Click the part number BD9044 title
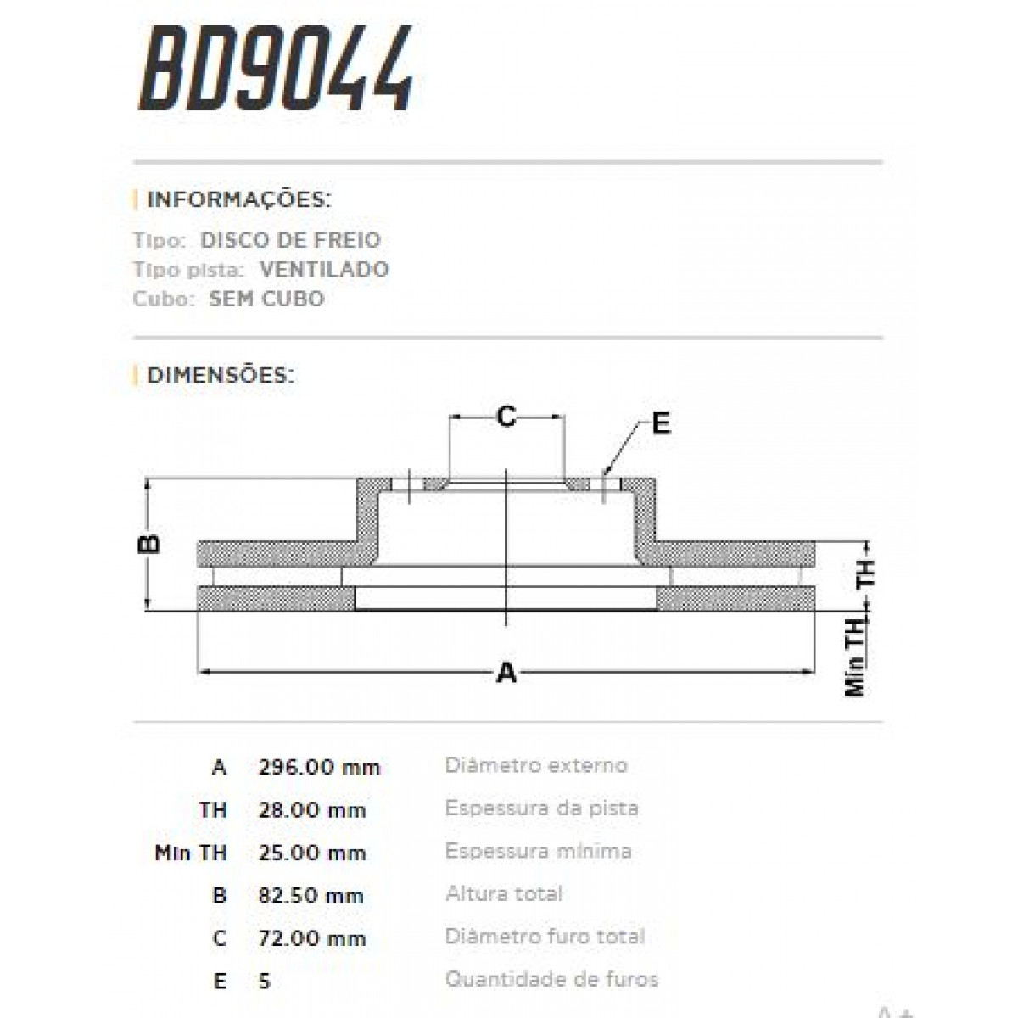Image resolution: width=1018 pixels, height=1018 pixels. tap(277, 70)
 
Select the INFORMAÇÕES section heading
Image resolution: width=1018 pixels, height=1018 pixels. tap(238, 200)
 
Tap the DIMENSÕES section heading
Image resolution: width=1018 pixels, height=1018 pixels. tap(221, 375)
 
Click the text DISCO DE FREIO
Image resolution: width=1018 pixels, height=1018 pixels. tap(290, 240)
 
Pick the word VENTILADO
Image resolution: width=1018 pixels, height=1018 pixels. tap(324, 270)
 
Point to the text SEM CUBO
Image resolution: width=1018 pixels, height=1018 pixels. tap(266, 299)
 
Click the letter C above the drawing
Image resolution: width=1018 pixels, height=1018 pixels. tap(506, 417)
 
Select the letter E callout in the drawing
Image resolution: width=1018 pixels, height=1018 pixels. tap(661, 423)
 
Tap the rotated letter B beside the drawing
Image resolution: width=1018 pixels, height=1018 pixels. tap(149, 543)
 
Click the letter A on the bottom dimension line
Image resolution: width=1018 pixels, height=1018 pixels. tap(506, 673)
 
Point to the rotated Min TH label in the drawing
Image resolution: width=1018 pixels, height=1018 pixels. tap(855, 657)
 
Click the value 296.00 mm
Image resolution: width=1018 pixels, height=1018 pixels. tap(319, 768)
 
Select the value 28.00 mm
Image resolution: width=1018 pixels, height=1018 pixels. tap(311, 810)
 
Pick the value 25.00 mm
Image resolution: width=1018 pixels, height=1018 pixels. tap(311, 853)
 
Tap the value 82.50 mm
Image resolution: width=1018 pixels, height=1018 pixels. tap(310, 896)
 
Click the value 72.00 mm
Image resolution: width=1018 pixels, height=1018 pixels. tap(311, 938)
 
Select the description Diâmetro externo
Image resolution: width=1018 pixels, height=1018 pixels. tap(536, 765)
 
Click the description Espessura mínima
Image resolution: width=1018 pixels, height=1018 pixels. tap(538, 851)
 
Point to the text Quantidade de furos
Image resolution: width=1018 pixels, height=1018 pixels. tap(551, 979)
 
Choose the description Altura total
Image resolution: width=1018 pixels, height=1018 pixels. tap(504, 893)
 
